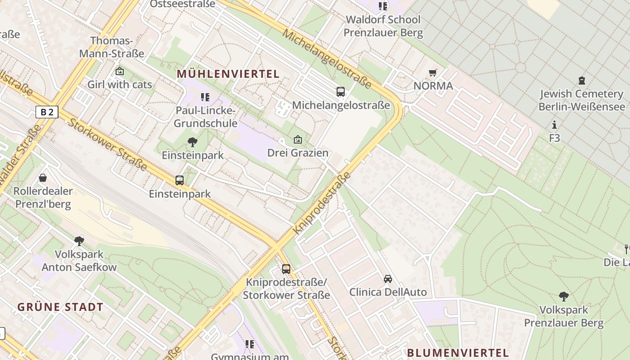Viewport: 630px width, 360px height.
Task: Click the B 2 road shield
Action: (x=47, y=112)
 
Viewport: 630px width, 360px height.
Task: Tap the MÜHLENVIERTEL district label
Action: (x=228, y=74)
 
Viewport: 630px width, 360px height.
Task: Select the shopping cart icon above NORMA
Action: (x=433, y=72)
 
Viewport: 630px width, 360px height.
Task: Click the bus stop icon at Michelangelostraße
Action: (x=341, y=92)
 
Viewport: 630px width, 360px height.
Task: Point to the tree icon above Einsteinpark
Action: (x=193, y=142)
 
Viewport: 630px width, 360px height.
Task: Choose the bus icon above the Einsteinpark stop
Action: (x=180, y=180)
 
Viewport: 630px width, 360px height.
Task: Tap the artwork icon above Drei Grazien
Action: (x=297, y=140)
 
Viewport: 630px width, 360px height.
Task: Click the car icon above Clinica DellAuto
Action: (x=388, y=279)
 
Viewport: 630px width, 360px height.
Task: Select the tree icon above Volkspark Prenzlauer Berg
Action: (x=563, y=296)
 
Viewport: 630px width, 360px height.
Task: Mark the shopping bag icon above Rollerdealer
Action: (x=43, y=178)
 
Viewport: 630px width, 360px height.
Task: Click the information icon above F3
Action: (x=554, y=125)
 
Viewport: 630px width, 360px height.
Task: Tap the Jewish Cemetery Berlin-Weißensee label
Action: (x=582, y=100)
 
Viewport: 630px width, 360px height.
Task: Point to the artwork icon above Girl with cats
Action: (x=120, y=71)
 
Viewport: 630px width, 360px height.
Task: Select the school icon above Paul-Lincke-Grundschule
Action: (x=205, y=97)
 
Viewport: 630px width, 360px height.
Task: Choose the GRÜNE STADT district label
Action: (x=60, y=307)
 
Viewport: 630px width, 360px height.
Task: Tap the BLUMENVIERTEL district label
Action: (x=458, y=353)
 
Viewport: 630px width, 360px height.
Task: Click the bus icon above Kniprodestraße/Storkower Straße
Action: (x=286, y=269)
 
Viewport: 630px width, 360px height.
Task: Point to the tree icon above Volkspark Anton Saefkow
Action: (x=79, y=241)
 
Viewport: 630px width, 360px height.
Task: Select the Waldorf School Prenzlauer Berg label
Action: (x=383, y=26)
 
